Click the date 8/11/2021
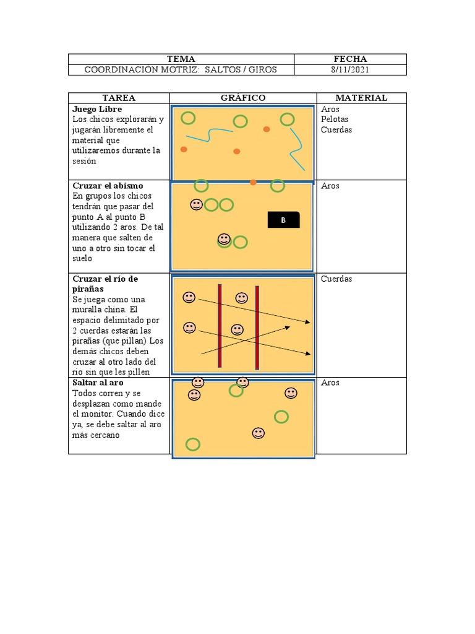click(x=350, y=70)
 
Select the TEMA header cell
click(x=181, y=59)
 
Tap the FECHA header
click(x=350, y=59)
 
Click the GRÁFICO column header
click(x=243, y=98)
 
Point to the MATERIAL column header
click(x=361, y=98)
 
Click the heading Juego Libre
click(x=97, y=109)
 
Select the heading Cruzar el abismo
click(x=108, y=186)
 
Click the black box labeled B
click(x=284, y=219)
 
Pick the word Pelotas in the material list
click(x=335, y=119)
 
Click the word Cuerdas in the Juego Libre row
click(x=336, y=130)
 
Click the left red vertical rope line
click(x=220, y=326)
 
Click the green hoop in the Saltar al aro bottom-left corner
click(x=193, y=444)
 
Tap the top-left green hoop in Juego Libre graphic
click(x=188, y=118)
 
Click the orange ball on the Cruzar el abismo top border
click(x=253, y=182)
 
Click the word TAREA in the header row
click(x=119, y=98)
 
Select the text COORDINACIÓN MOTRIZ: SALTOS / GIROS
click(x=181, y=70)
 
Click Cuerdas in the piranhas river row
click(x=336, y=279)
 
